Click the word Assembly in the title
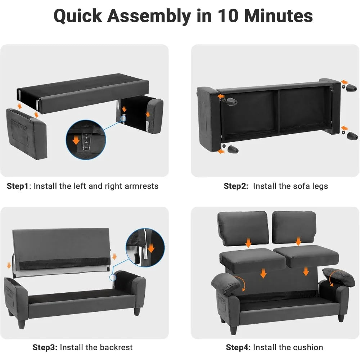click(x=149, y=16)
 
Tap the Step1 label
click(x=17, y=186)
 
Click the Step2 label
click(x=236, y=186)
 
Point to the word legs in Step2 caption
click(x=320, y=186)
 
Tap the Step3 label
click(x=45, y=347)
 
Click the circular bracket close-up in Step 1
click(x=86, y=140)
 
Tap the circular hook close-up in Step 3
click(x=145, y=248)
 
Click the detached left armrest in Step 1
click(x=27, y=134)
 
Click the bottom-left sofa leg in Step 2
click(x=233, y=149)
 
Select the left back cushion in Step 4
click(x=243, y=228)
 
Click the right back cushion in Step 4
click(x=294, y=227)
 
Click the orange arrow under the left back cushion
click(x=248, y=243)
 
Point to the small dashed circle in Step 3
click(x=113, y=278)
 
